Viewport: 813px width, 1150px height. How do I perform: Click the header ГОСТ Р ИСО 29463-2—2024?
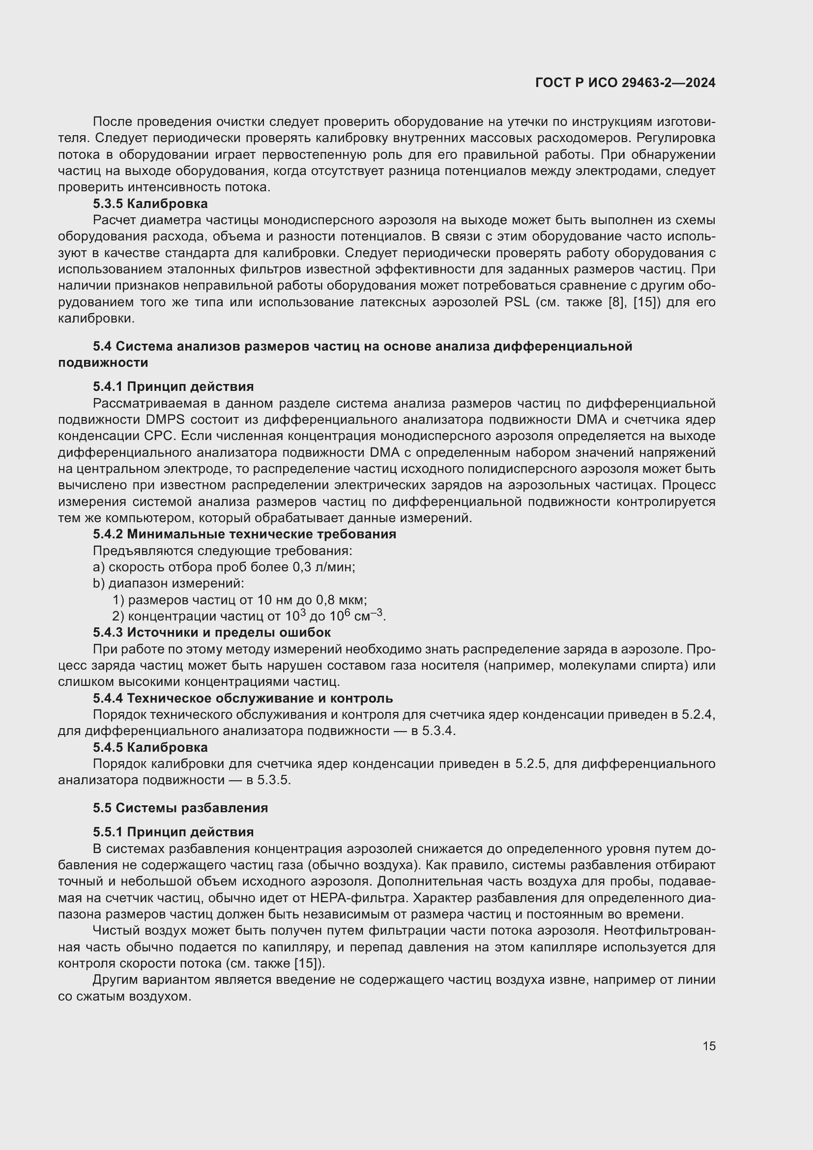click(x=625, y=83)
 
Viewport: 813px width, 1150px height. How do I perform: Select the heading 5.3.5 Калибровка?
click(x=150, y=204)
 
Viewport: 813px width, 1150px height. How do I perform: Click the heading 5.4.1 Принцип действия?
click(x=173, y=386)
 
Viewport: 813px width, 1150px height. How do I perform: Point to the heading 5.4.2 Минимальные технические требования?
click(x=244, y=534)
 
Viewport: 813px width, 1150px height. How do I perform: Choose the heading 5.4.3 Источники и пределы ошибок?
click(x=212, y=633)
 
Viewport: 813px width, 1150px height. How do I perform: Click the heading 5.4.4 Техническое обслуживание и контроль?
click(x=243, y=698)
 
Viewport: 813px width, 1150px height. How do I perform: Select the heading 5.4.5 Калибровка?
click(x=150, y=747)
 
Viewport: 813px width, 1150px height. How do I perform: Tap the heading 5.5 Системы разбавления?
click(x=180, y=808)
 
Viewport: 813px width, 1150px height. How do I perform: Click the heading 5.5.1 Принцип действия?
click(x=173, y=832)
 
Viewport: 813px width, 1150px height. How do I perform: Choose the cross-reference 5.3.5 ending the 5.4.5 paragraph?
click(x=273, y=780)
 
